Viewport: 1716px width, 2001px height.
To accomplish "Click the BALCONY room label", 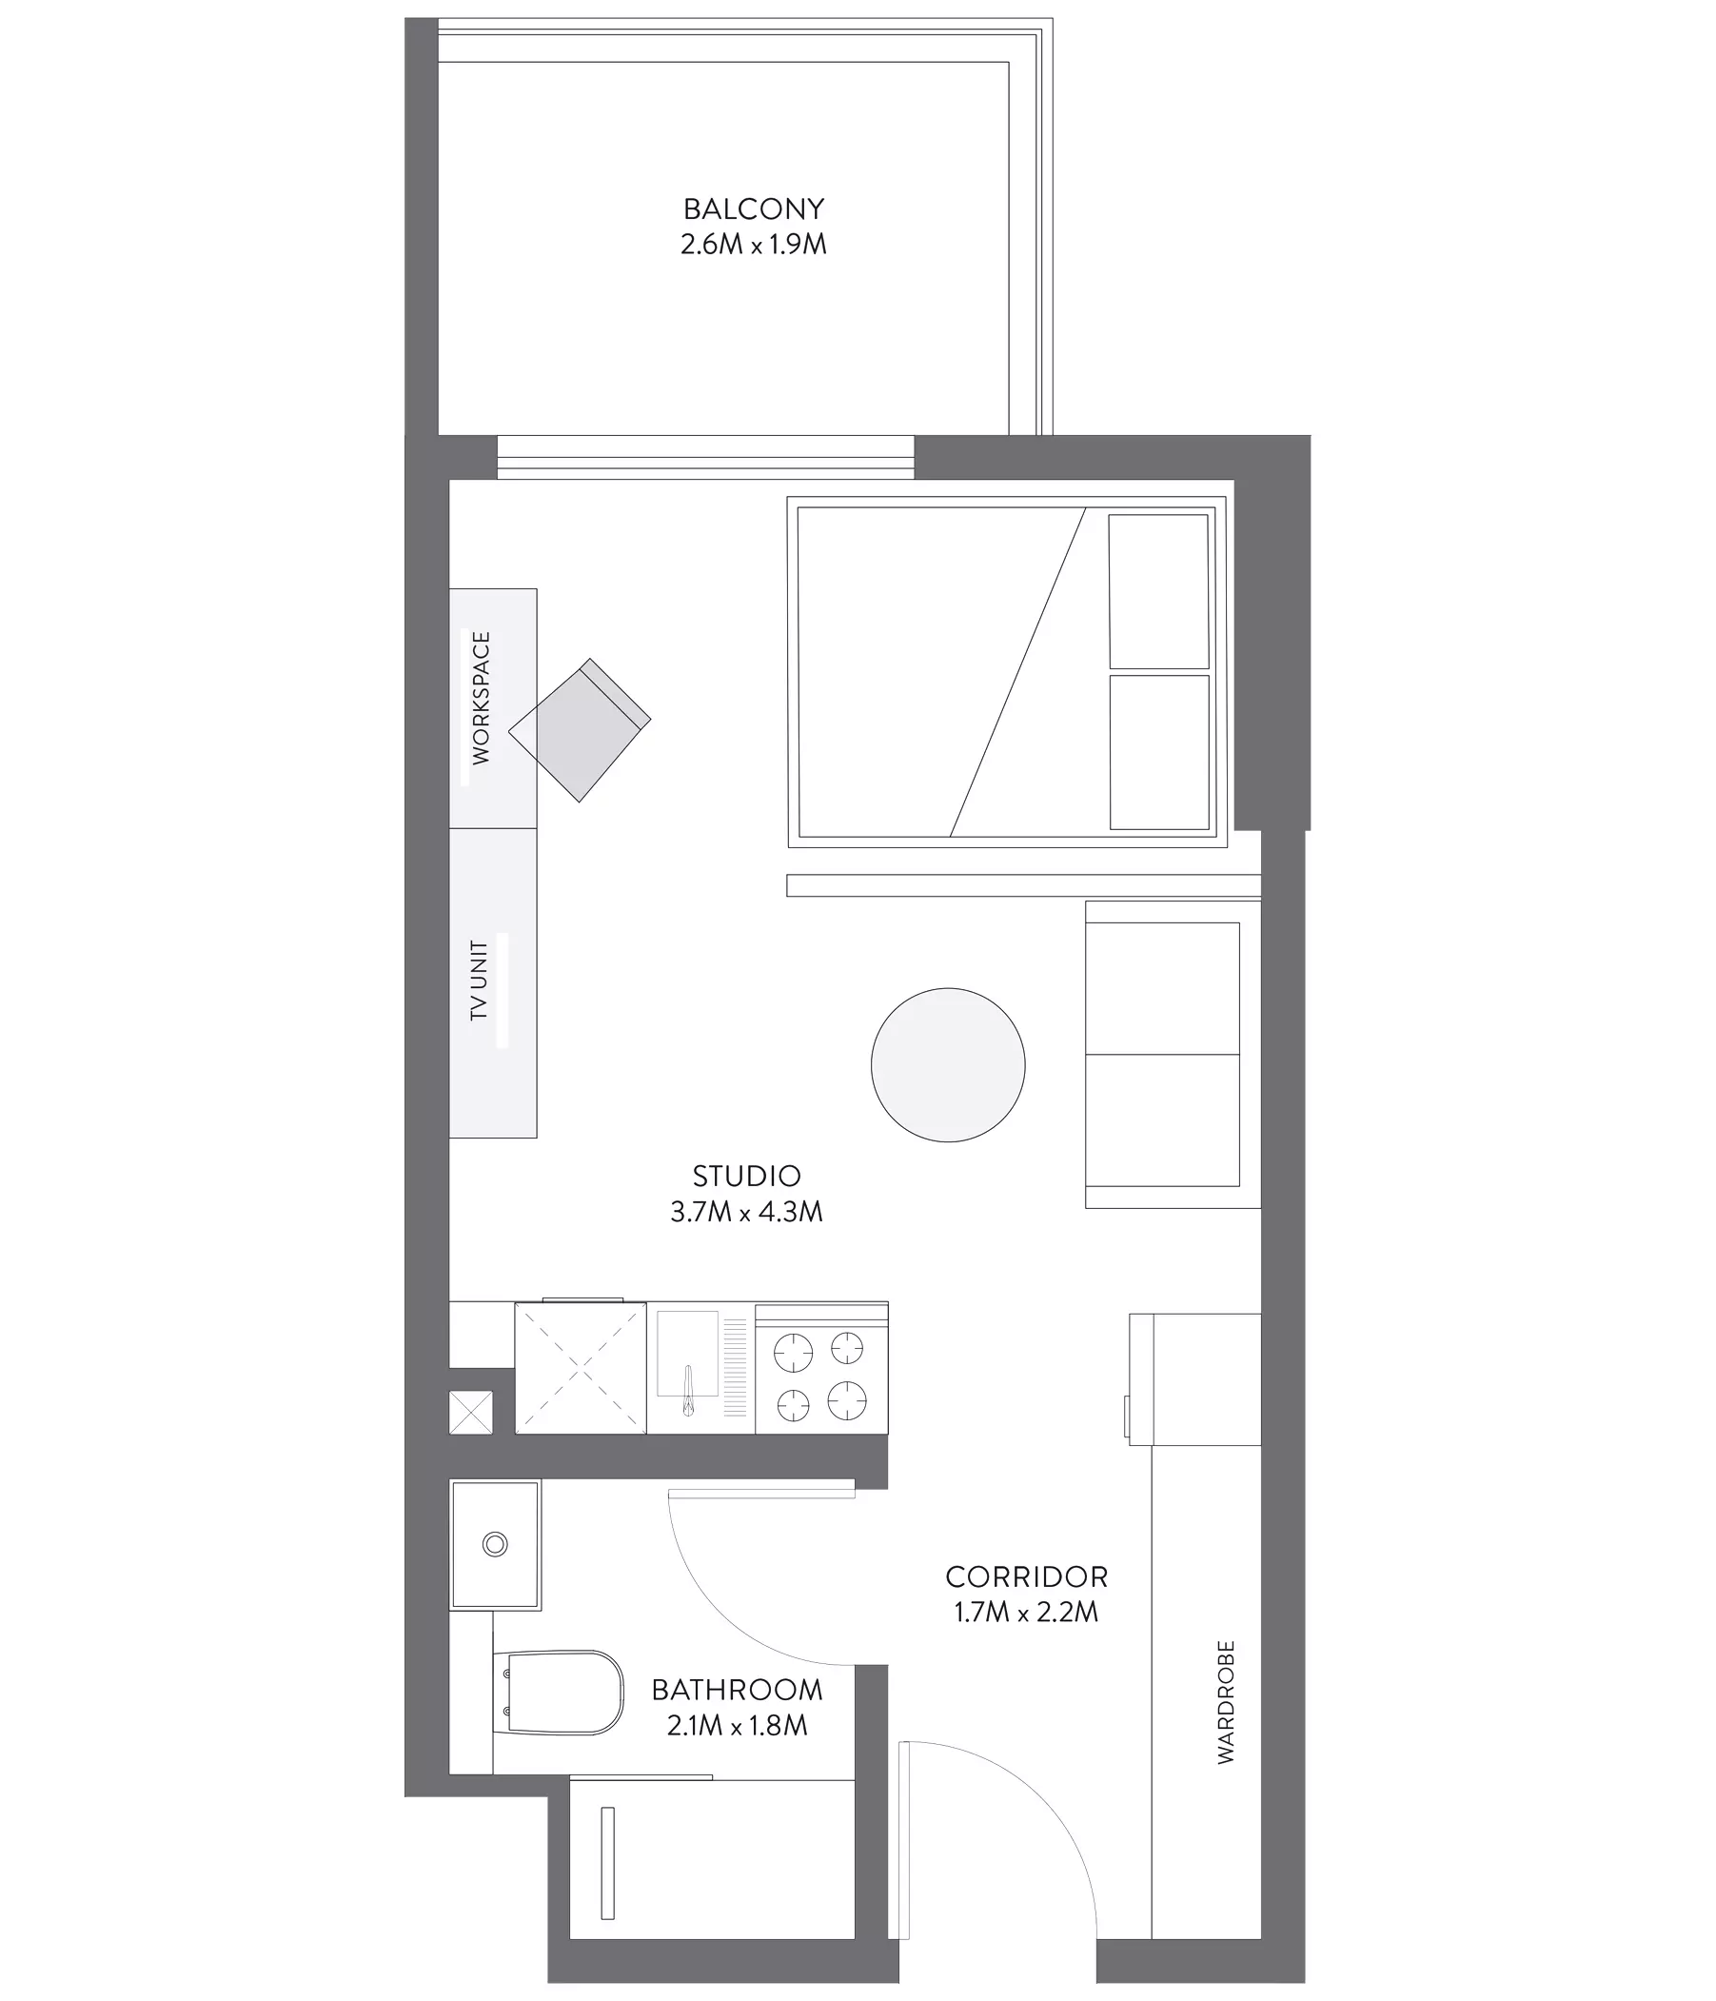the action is click(x=753, y=208).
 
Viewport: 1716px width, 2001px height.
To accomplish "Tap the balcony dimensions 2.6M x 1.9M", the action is click(x=753, y=245).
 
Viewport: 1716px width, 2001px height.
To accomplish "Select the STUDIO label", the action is click(x=746, y=1176).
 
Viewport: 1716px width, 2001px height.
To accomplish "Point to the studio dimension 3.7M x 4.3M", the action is click(x=746, y=1211).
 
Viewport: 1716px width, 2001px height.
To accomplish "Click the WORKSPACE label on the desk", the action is click(x=481, y=697).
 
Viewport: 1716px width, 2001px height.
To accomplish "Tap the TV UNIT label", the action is click(x=479, y=981).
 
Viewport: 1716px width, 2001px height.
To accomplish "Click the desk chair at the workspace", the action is click(x=580, y=730).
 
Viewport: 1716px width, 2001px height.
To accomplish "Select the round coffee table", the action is click(x=947, y=1065).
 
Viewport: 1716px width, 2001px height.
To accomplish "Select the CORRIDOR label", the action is click(x=1027, y=1577).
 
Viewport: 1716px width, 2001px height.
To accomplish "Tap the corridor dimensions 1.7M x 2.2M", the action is click(x=1027, y=1613).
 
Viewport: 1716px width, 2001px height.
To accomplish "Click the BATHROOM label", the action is click(x=737, y=1690).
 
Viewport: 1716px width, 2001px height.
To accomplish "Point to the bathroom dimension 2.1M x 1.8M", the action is click(x=737, y=1726).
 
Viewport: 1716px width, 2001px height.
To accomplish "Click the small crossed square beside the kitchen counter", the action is click(x=471, y=1412).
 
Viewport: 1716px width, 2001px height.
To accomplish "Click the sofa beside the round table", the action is click(x=1173, y=1055).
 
